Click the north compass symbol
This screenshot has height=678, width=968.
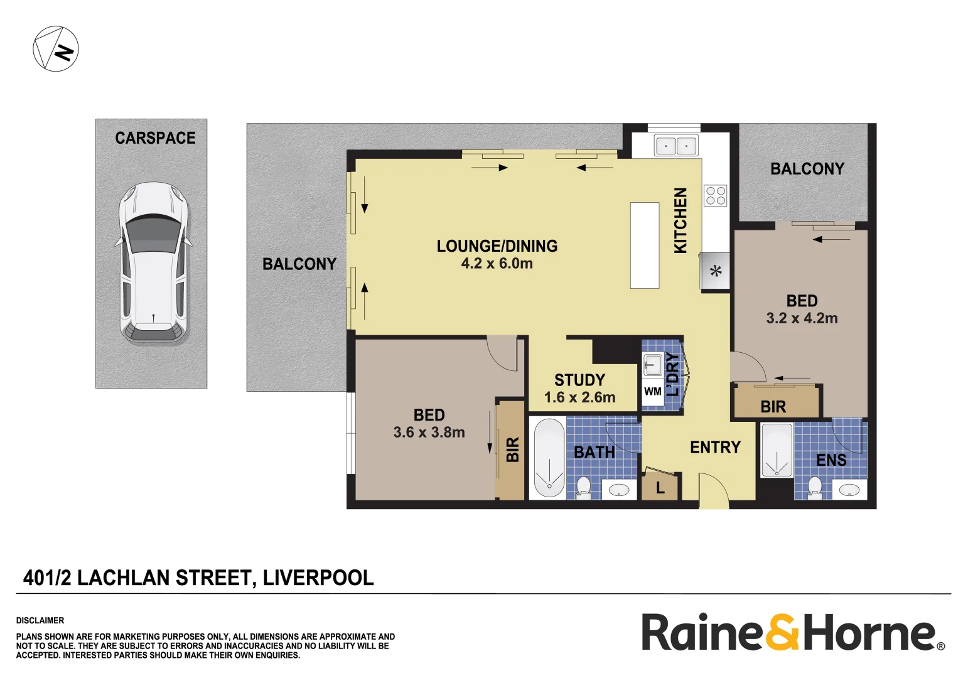coord(56,49)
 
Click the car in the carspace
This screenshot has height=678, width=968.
coord(154,262)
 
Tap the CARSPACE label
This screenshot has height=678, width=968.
coord(155,138)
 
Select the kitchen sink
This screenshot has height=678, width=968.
coord(675,146)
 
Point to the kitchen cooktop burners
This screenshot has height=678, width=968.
coord(715,195)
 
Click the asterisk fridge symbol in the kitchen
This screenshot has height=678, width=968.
coord(716,271)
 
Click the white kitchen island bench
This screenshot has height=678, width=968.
coord(645,245)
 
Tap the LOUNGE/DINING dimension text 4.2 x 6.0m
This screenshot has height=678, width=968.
coord(497,264)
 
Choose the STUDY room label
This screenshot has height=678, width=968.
coord(579,380)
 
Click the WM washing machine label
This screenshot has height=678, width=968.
coord(652,392)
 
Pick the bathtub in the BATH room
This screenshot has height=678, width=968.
coord(549,458)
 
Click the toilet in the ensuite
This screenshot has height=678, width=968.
coord(815,487)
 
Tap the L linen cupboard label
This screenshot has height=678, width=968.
coord(660,488)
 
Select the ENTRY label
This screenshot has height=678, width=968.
coord(715,447)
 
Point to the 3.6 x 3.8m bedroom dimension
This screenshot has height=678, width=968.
coord(429,433)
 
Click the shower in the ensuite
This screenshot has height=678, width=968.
coord(777,450)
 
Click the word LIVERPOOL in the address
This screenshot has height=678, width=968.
coord(318,578)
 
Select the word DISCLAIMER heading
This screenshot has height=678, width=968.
coord(40,620)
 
